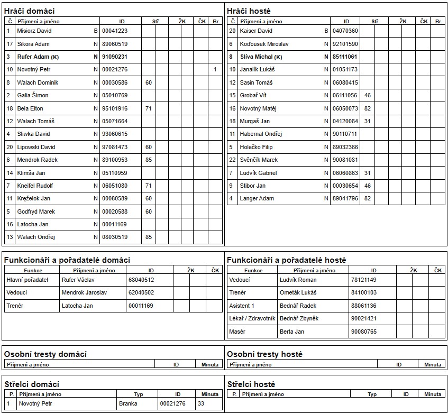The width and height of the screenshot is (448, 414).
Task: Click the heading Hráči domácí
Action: [x=29, y=11]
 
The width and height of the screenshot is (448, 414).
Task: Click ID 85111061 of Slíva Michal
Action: [x=345, y=57]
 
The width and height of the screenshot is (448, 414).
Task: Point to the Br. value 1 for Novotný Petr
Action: [x=215, y=69]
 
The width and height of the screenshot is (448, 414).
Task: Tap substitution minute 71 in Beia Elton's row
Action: [x=149, y=108]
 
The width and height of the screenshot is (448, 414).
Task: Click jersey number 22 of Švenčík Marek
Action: [x=232, y=160]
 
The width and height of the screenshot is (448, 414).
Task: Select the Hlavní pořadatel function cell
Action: [x=27, y=279]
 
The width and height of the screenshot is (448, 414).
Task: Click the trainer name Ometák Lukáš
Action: [x=298, y=292]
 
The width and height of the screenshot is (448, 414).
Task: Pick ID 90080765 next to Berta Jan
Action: [x=363, y=332]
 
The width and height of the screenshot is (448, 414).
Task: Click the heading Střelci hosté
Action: [x=251, y=384]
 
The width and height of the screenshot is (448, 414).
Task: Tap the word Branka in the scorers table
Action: [x=128, y=403]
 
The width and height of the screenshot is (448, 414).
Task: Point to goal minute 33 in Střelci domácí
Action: [x=201, y=403]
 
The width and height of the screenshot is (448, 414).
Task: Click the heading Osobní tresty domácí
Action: [x=45, y=354]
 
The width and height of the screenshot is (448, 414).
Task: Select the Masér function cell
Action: [x=237, y=332]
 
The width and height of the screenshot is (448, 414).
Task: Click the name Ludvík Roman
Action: [x=298, y=279]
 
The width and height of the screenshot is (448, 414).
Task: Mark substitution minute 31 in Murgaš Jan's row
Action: [x=368, y=121]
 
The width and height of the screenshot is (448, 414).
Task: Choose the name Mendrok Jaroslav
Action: [x=84, y=292]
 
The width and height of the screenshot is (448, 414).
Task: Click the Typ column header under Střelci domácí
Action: [x=139, y=394]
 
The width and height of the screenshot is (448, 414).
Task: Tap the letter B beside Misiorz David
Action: [x=96, y=31]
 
